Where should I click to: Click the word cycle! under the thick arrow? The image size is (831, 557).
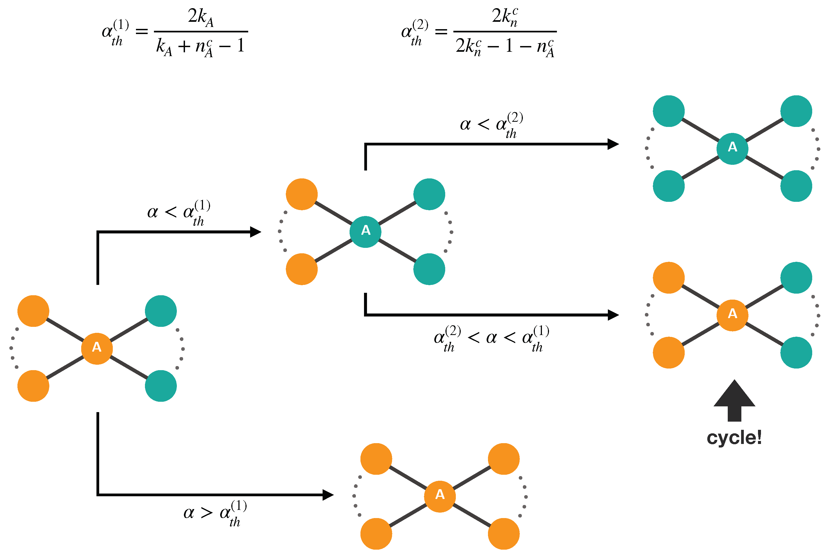(x=734, y=438)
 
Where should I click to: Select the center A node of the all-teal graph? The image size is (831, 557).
(x=732, y=148)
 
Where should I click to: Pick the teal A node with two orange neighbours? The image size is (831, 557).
(x=365, y=232)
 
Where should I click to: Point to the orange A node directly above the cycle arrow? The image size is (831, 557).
(x=732, y=315)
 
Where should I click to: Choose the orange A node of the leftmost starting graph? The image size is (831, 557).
(x=97, y=348)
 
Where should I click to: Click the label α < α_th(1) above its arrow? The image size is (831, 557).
(x=179, y=213)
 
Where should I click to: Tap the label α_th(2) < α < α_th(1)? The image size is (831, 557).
(x=491, y=339)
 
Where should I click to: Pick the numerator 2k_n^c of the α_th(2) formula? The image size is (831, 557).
(x=505, y=16)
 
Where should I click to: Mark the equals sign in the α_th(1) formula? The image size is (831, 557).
(x=142, y=32)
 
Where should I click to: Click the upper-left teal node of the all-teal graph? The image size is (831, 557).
(x=669, y=111)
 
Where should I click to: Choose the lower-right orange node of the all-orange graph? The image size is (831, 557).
(x=504, y=534)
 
